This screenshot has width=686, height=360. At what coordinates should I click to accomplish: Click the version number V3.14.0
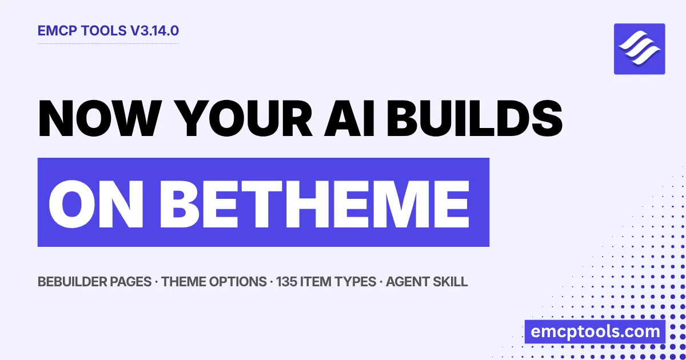(x=154, y=31)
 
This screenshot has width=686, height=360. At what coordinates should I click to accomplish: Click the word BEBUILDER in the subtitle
(x=72, y=282)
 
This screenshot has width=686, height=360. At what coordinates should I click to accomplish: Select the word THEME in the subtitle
(x=183, y=282)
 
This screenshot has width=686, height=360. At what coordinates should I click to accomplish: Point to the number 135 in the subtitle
(x=286, y=282)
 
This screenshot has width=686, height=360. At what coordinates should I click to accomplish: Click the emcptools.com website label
(x=595, y=332)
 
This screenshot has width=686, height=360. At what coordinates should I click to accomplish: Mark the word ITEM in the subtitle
(x=316, y=282)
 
